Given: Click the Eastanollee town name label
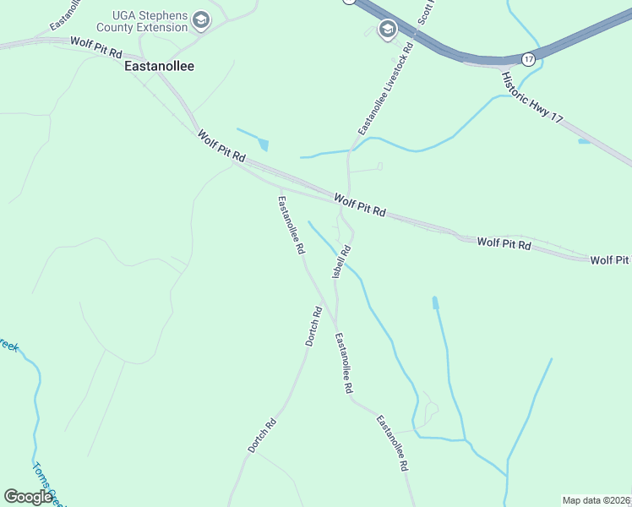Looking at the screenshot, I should (x=159, y=65).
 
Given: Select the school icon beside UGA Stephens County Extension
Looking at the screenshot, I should (x=201, y=19).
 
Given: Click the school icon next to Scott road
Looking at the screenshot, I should (x=388, y=30).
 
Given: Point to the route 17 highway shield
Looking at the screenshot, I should (x=528, y=59).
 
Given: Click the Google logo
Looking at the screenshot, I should (x=28, y=497).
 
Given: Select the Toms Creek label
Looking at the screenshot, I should (x=46, y=483).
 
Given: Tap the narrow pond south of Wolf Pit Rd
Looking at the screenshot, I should (x=435, y=303).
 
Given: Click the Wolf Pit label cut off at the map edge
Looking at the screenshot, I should (x=610, y=259).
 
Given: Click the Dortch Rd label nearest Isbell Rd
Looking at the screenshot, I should (x=313, y=327).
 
